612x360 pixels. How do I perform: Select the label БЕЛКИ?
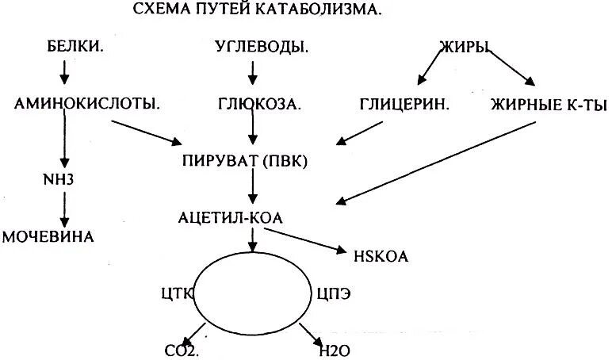point(77,48)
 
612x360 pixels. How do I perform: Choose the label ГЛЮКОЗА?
point(260,104)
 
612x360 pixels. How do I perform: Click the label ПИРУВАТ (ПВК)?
point(244,161)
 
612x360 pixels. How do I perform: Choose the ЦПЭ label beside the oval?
point(334,291)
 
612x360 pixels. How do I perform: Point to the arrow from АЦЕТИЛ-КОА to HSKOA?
point(305,240)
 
